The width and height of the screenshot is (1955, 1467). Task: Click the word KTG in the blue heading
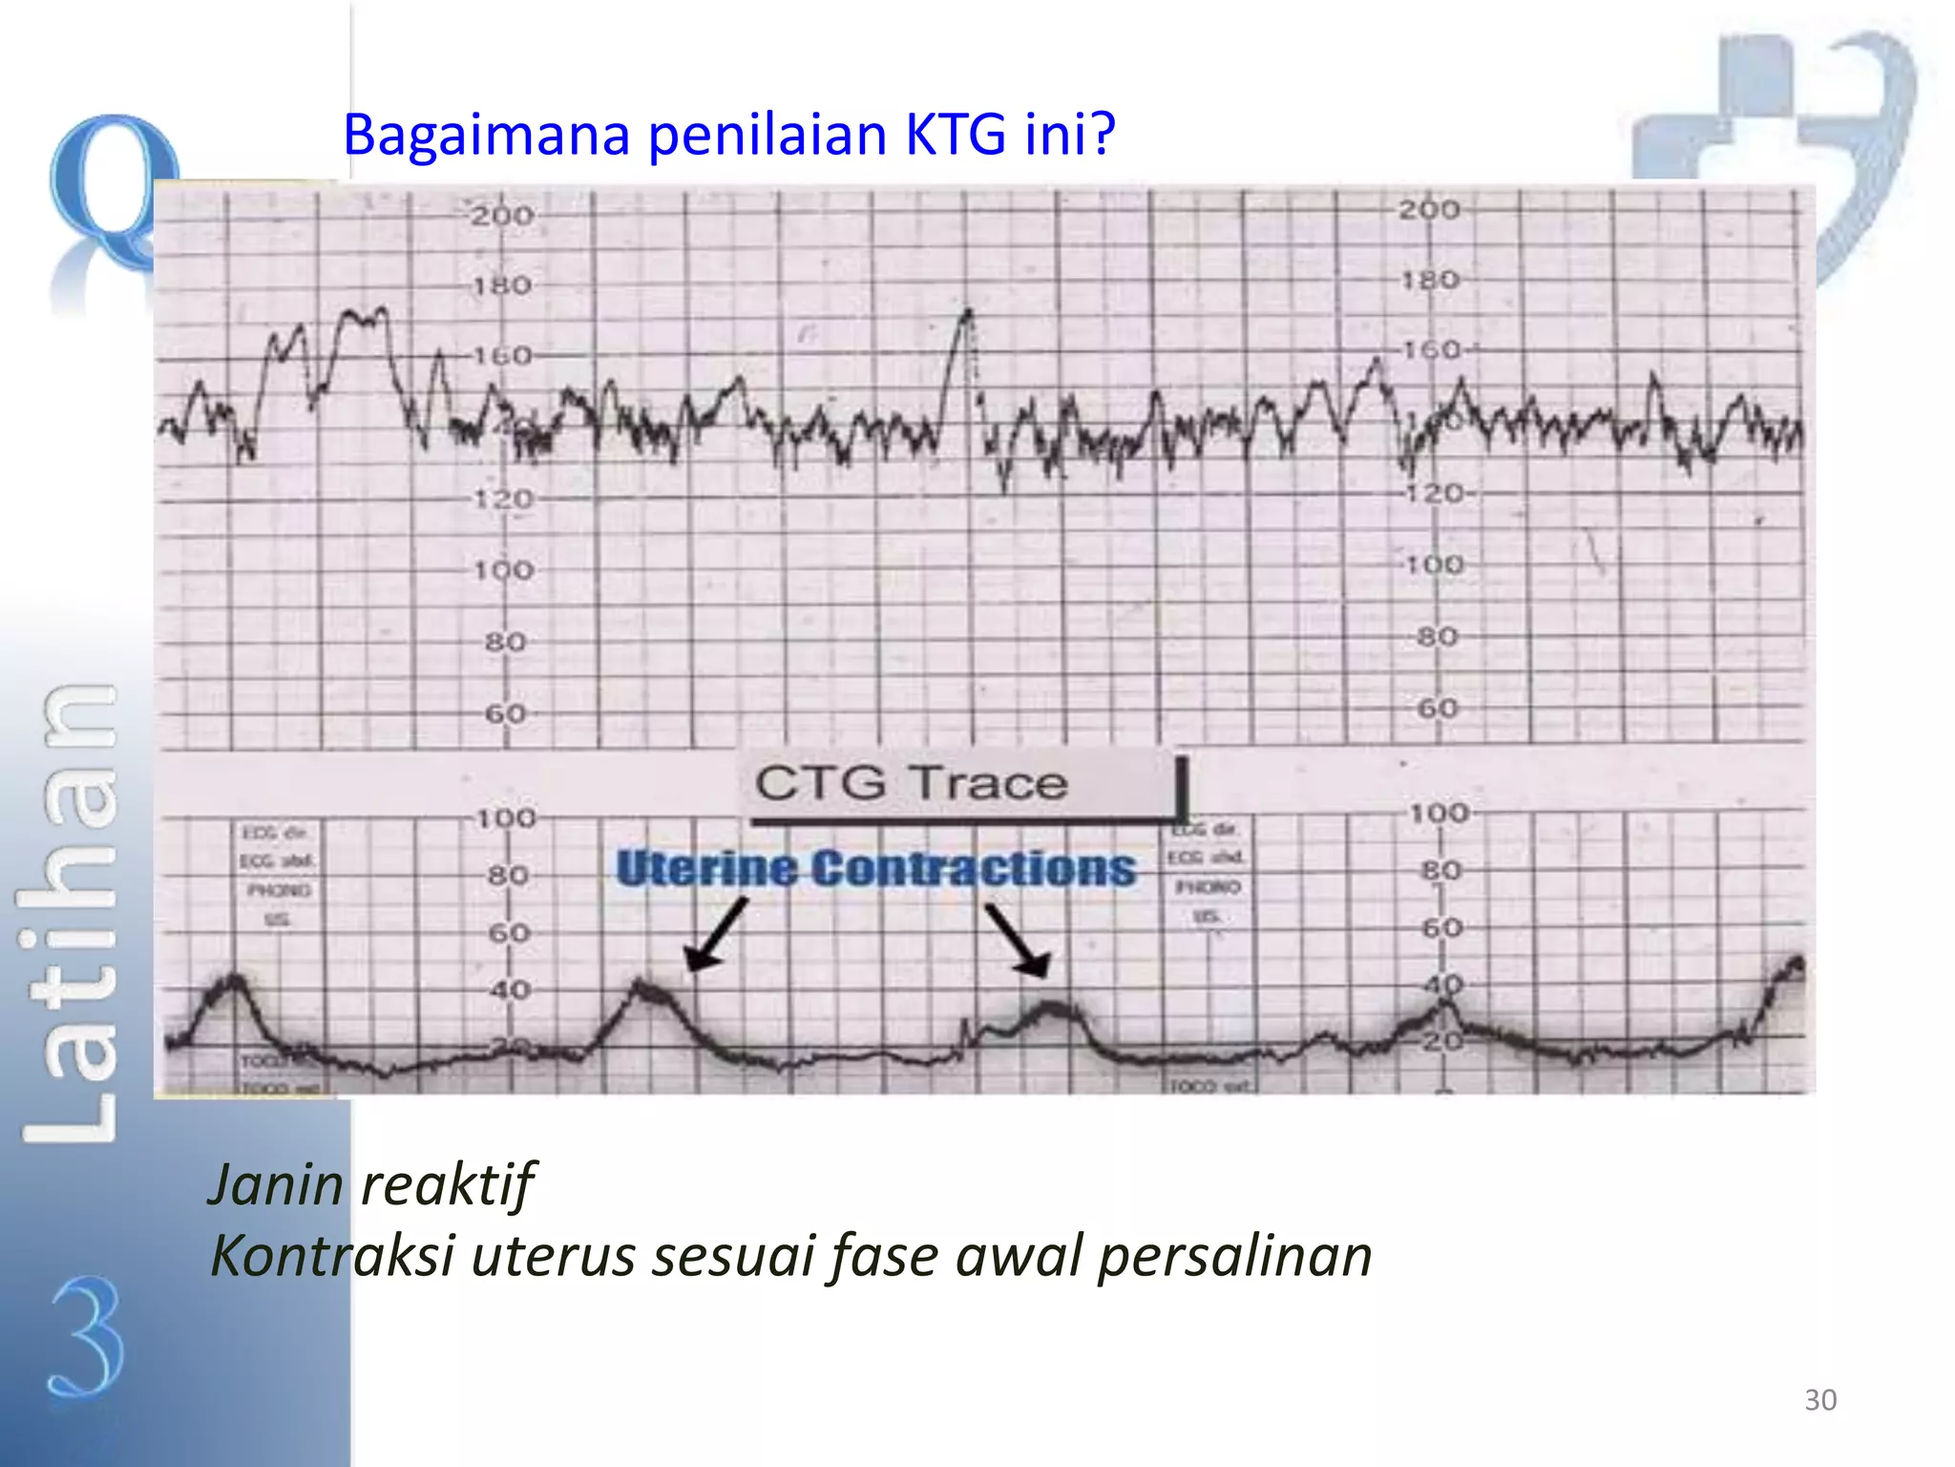(x=954, y=135)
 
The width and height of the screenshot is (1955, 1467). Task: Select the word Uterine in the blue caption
(x=706, y=868)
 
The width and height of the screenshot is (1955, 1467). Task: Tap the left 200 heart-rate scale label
(x=502, y=216)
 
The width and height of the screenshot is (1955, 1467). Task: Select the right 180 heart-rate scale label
(x=1430, y=280)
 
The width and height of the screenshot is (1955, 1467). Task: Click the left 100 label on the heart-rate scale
(x=503, y=570)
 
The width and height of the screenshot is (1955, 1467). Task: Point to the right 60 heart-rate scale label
(x=1438, y=709)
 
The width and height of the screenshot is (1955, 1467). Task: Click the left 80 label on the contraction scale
(x=508, y=875)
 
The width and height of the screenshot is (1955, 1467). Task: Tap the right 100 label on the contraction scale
(x=1440, y=814)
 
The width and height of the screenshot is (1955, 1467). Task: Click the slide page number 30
(x=1820, y=1400)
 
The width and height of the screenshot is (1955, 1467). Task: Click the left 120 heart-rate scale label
(x=503, y=499)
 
